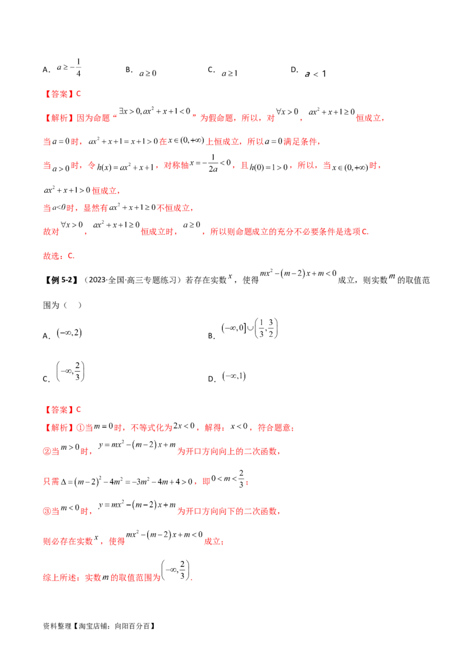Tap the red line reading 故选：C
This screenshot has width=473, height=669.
[58, 256]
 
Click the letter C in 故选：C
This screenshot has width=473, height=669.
[72, 256]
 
